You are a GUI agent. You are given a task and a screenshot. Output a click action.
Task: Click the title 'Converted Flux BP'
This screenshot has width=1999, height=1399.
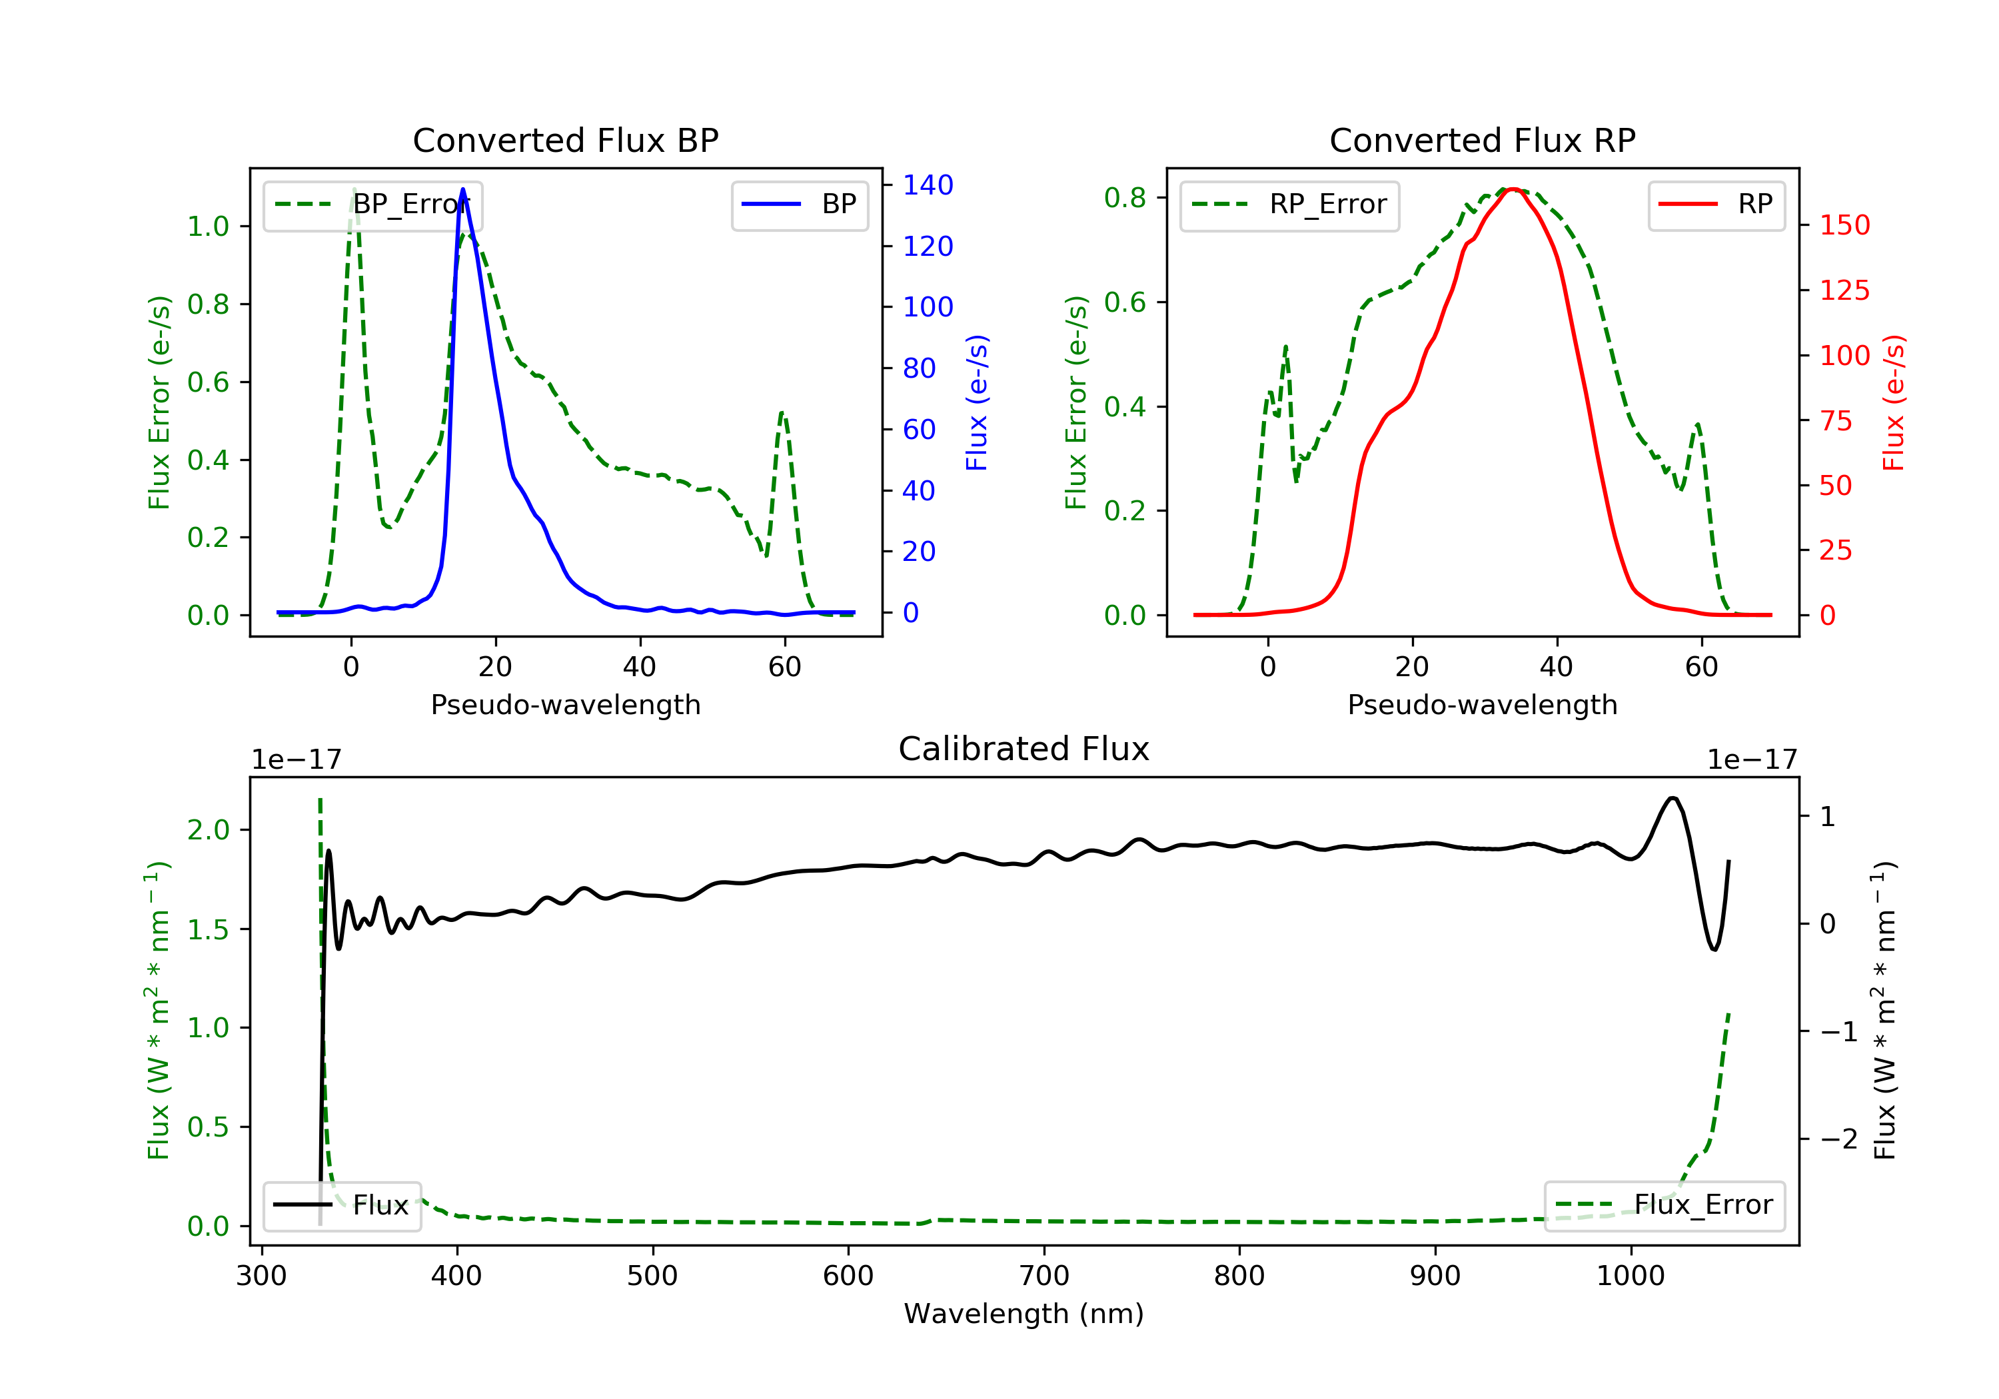click(x=565, y=140)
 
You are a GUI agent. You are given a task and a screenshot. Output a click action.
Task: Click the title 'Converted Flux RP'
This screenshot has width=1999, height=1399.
click(x=1482, y=140)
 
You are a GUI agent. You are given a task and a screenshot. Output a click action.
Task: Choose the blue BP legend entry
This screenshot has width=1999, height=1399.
click(x=799, y=205)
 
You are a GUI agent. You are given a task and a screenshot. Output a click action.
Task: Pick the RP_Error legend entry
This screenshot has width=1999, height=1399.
click(x=1289, y=205)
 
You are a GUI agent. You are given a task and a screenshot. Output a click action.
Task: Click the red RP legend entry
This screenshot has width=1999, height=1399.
click(x=1716, y=205)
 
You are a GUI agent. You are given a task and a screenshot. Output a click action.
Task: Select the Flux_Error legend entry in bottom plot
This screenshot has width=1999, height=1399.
click(x=1664, y=1205)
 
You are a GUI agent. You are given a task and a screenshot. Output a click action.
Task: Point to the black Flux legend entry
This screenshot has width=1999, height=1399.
click(x=341, y=1205)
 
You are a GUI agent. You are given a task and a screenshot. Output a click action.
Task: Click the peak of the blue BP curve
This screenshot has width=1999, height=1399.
click(x=462, y=189)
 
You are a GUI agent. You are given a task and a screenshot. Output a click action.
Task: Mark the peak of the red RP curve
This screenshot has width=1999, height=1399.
click(x=1513, y=189)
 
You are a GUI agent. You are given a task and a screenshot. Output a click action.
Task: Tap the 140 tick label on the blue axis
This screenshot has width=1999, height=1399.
click(x=928, y=185)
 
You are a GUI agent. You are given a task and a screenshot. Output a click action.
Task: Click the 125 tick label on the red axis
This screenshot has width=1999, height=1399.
click(x=1844, y=290)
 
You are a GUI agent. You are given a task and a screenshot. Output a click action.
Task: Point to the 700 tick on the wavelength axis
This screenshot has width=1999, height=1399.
click(x=1044, y=1276)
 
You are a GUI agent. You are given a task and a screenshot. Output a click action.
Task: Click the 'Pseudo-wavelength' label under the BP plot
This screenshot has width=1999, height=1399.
click(x=565, y=704)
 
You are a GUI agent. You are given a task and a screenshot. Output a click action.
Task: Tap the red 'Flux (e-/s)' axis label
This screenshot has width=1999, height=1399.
click(x=1893, y=402)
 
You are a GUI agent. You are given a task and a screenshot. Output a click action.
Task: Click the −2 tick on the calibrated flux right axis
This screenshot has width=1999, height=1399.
click(x=1838, y=1139)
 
